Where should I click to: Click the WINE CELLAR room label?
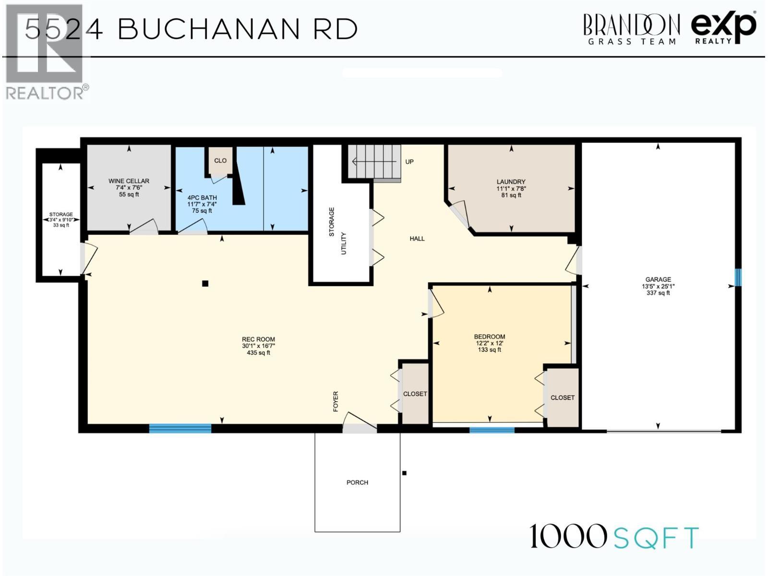[129, 181]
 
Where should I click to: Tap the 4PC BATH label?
[202, 198]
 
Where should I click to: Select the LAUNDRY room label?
[511, 182]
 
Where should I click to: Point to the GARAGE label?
[658, 279]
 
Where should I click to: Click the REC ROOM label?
[258, 339]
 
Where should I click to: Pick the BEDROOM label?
[490, 337]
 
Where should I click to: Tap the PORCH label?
[357, 482]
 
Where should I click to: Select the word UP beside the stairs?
[409, 162]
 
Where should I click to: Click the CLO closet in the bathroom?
[220, 161]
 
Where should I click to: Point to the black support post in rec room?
[205, 284]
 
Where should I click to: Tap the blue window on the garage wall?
[738, 277]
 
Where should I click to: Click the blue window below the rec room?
[180, 429]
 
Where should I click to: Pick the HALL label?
[417, 239]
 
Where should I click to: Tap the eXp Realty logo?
[724, 28]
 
